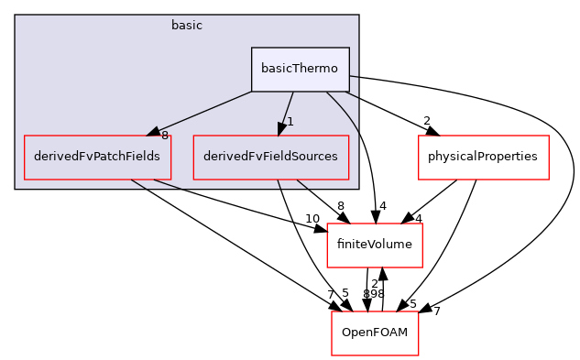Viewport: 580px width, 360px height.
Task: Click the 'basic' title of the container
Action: pyautogui.click(x=186, y=26)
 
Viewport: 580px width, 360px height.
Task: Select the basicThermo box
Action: pyautogui.click(x=300, y=70)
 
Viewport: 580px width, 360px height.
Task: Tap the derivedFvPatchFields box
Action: pyautogui.click(x=97, y=157)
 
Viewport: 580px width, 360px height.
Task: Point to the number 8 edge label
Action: pyautogui.click(x=165, y=136)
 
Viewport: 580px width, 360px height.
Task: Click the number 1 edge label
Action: pyautogui.click(x=290, y=122)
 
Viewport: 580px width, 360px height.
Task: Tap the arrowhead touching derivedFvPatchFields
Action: pyautogui.click(x=154, y=132)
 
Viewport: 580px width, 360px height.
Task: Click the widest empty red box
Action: pyautogui.click(x=483, y=158)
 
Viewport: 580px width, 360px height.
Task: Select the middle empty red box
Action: pyautogui.click(x=374, y=245)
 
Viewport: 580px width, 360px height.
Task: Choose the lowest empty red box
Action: pyautogui.click(x=375, y=333)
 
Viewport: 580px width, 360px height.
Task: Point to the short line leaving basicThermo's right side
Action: pyautogui.click(x=354, y=76)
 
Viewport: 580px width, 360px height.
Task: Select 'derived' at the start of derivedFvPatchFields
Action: pyautogui.click(x=53, y=157)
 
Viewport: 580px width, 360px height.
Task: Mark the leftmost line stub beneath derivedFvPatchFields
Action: pyautogui.click(x=137, y=183)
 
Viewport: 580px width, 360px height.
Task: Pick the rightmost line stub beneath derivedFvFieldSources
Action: pyautogui.click(x=301, y=184)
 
